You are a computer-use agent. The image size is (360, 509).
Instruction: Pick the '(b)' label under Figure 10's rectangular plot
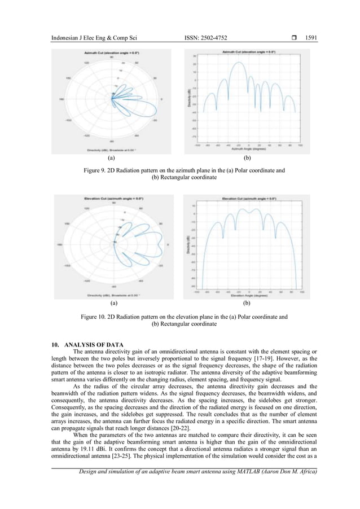(246, 304)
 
